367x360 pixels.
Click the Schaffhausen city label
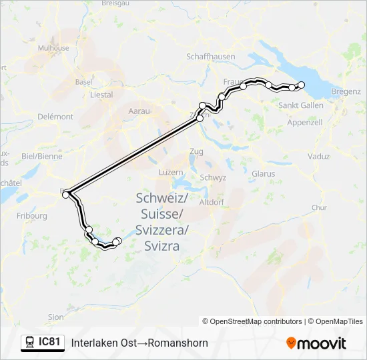211,57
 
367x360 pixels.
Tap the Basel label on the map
83,82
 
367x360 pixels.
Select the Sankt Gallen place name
301,105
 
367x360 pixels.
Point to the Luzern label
170,172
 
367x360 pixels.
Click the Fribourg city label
33,216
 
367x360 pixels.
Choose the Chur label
319,207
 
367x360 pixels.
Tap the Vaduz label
319,156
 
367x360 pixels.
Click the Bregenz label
345,91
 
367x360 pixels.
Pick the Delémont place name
55,117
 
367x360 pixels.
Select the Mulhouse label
53,48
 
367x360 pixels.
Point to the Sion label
56,317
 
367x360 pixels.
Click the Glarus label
264,173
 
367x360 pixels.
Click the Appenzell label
304,123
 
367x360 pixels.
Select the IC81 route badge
43,342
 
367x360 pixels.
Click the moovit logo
316,343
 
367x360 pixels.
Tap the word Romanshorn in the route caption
177,343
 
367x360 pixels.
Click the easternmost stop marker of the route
301,84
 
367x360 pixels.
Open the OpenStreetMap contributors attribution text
252,321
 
